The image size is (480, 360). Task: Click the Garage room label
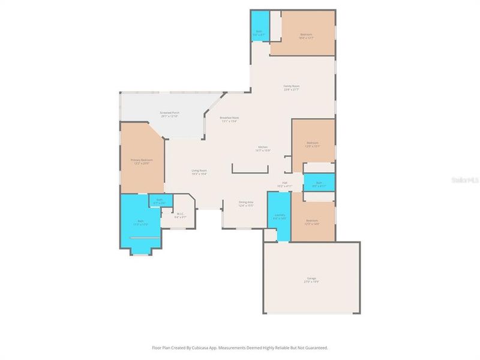coord(311,279)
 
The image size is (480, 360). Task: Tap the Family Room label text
coord(292,87)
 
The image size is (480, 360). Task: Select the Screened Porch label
coord(170,113)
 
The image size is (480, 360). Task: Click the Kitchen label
coord(263,148)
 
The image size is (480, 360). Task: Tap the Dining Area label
coord(246,203)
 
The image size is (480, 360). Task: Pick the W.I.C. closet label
coord(180,215)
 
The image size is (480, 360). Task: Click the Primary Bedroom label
coord(142,161)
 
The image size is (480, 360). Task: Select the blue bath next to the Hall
coord(319,183)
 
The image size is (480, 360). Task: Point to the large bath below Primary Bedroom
coord(140,222)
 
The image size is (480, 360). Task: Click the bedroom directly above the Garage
coord(313,221)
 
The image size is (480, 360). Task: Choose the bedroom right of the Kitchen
coord(313,144)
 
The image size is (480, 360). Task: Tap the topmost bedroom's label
coord(307,35)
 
